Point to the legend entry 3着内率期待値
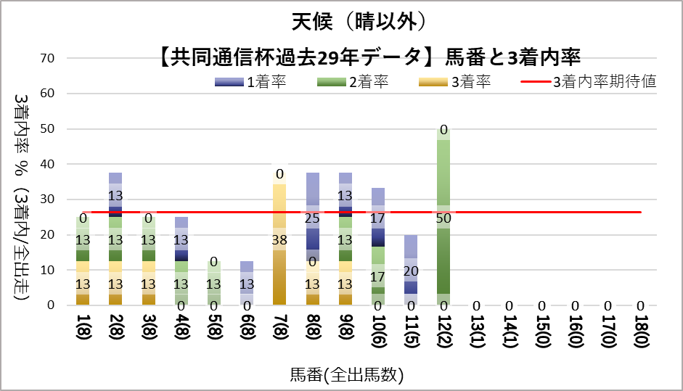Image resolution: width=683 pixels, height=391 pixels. click(x=589, y=82)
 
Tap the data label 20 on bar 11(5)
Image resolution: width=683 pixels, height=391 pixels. click(x=411, y=270)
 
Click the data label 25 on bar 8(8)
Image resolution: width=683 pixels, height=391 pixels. click(x=313, y=218)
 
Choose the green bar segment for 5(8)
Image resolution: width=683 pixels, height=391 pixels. click(x=215, y=283)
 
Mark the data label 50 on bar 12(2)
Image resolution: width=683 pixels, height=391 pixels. click(x=443, y=218)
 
